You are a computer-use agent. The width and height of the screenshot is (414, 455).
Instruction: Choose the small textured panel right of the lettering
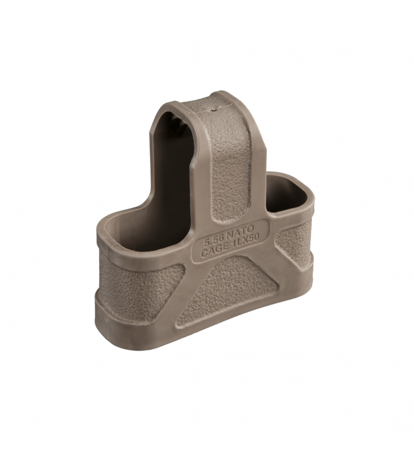coord(290,245)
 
